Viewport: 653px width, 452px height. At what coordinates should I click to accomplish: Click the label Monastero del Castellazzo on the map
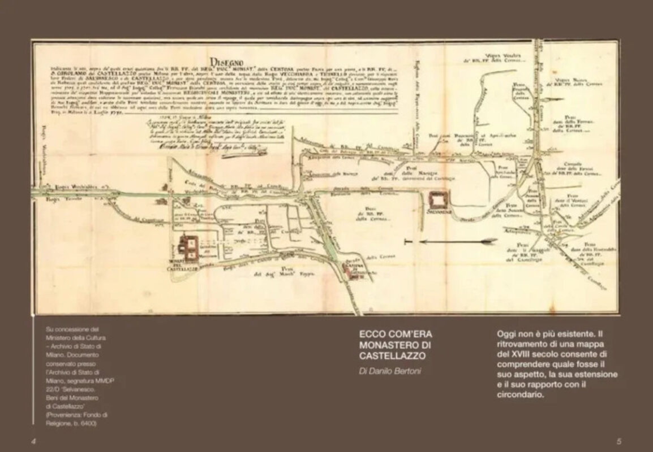coord(182,265)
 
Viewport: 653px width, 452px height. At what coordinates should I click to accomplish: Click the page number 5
coord(618,440)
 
